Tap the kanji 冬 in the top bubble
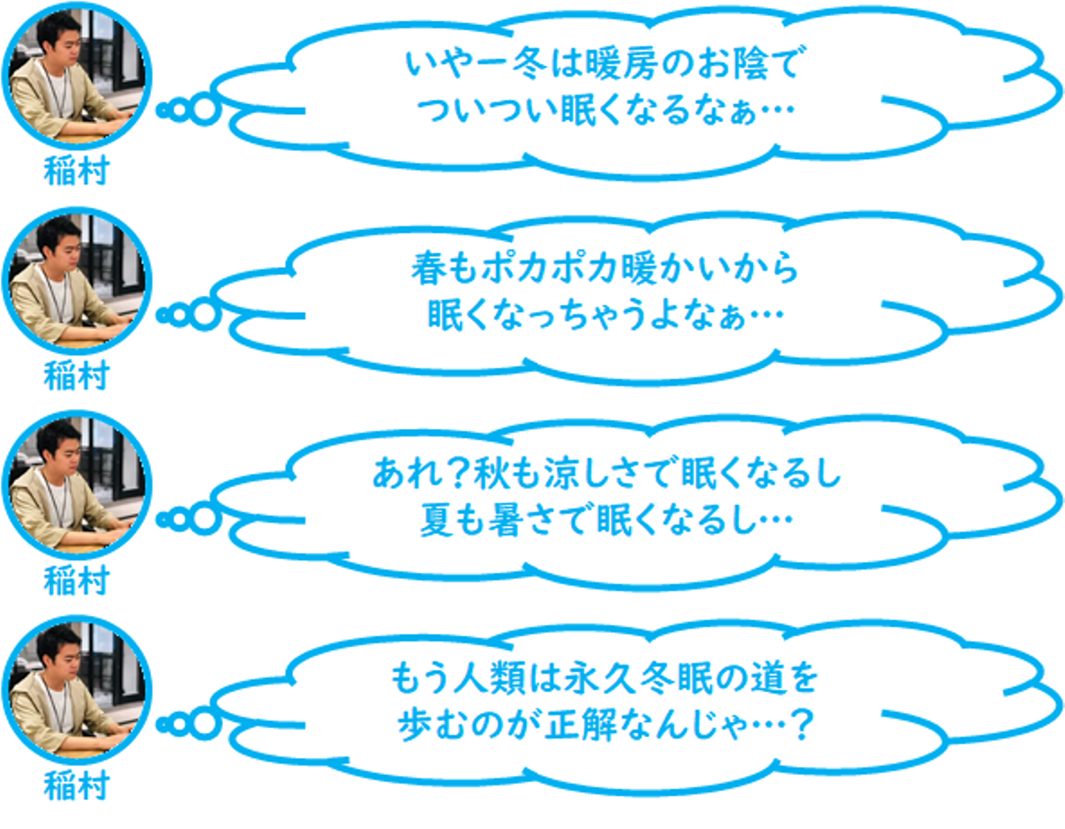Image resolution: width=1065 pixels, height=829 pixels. (530, 64)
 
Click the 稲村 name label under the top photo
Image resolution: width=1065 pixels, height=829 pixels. (76, 171)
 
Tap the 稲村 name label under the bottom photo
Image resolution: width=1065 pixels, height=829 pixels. (76, 785)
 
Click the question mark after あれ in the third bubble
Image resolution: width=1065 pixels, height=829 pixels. (457, 474)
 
